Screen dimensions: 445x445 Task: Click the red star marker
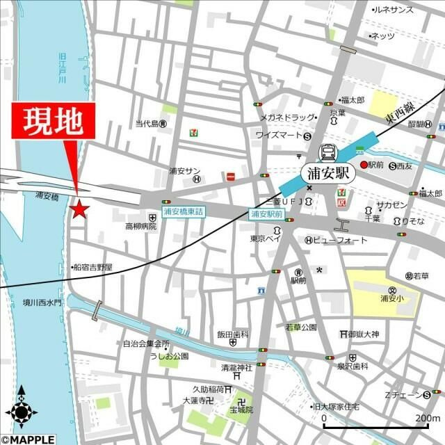[80, 207]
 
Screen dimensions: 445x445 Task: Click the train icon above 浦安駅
[327, 153]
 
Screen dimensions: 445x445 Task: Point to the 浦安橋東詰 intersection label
[184, 211]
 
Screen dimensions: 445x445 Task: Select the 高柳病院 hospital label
[140, 227]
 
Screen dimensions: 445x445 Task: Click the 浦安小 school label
[392, 299]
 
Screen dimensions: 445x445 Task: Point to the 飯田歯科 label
[232, 334]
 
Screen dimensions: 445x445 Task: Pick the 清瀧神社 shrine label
[236, 368]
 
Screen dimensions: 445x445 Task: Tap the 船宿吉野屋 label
[93, 267]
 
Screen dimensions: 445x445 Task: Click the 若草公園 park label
[300, 327]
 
